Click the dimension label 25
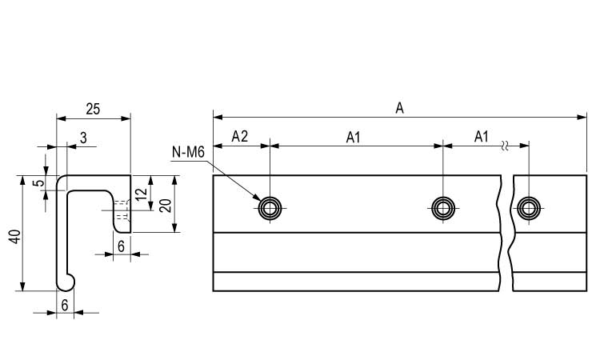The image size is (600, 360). pyautogui.click(x=92, y=108)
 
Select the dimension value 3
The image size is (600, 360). pyautogui.click(x=83, y=138)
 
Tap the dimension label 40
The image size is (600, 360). pyautogui.click(x=14, y=237)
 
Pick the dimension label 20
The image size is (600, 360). pyautogui.click(x=165, y=204)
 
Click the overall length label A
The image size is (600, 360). pyautogui.click(x=399, y=108)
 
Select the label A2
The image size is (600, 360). pyautogui.click(x=240, y=137)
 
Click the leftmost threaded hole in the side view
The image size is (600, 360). pyautogui.click(x=270, y=209)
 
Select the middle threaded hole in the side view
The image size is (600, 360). pyautogui.click(x=442, y=209)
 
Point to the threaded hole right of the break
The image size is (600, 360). pyautogui.click(x=528, y=209)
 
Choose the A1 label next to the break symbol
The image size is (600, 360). pyautogui.click(x=481, y=137)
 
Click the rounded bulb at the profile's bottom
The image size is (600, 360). pyautogui.click(x=66, y=281)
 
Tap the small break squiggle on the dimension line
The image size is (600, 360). pyautogui.click(x=504, y=146)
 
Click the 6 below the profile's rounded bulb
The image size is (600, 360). pyautogui.click(x=65, y=304)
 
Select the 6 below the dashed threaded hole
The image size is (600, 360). pyautogui.click(x=120, y=246)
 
